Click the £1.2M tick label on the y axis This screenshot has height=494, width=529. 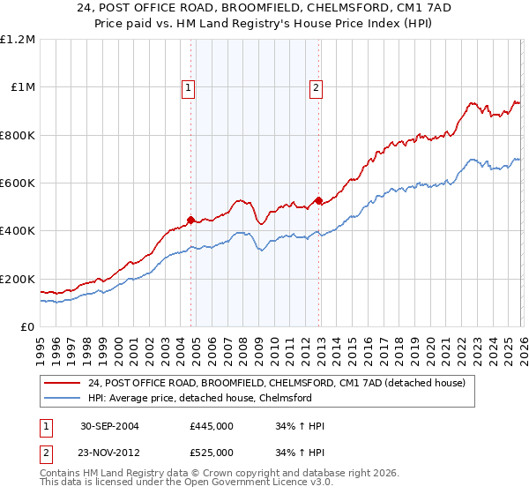click(19, 40)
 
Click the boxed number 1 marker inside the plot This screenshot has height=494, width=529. click(190, 87)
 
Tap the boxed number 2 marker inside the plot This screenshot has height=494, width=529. click(316, 87)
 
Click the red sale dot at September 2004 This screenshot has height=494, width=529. click(191, 221)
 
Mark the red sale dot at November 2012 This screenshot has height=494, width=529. click(318, 201)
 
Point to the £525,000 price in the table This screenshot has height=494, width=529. click(212, 453)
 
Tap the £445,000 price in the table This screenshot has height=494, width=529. click(212, 426)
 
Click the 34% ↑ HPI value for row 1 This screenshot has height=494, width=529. click(300, 426)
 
